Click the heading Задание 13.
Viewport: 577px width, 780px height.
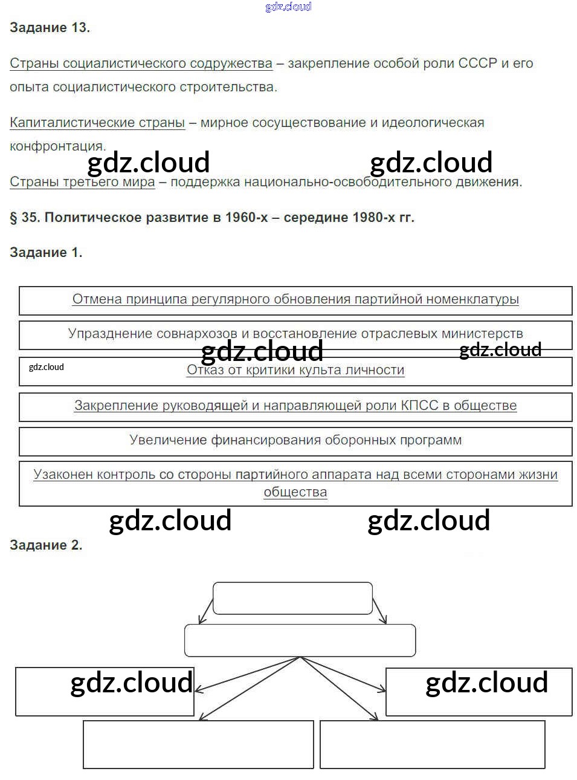pos(50,28)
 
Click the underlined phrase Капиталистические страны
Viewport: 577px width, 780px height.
pos(97,123)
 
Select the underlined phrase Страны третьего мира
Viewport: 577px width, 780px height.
pos(82,182)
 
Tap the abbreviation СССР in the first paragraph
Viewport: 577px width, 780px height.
pos(477,63)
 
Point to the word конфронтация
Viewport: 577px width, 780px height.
pos(57,146)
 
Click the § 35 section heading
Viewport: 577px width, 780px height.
pos(212,218)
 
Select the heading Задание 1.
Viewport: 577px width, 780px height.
pos(46,253)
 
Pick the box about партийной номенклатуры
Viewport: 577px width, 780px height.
pos(295,300)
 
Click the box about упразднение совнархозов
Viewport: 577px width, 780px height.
pos(295,334)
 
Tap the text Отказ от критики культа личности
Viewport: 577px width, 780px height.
pos(295,370)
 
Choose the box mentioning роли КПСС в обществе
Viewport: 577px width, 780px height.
pos(295,406)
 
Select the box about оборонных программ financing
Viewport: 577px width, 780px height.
pos(295,441)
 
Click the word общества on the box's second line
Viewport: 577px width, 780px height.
pos(295,493)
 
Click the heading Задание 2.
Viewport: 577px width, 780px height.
pos(46,545)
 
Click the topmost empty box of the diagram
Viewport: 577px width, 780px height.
pos(292,598)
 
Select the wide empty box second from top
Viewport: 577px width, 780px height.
pos(300,640)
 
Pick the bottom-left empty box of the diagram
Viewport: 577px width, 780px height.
pos(198,744)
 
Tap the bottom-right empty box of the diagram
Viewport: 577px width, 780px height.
pos(432,744)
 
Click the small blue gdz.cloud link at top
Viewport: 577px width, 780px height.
pos(288,7)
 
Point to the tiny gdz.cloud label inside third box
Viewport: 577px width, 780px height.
pos(47,367)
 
